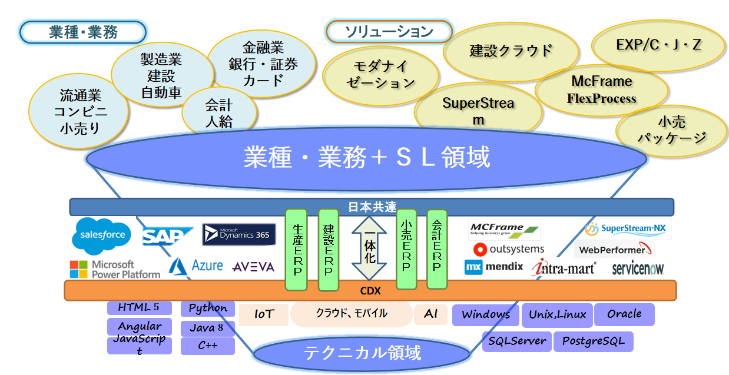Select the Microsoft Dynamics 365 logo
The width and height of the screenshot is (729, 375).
click(x=239, y=234)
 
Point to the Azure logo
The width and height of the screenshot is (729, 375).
click(x=196, y=266)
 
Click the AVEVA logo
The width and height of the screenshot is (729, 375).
click(x=253, y=267)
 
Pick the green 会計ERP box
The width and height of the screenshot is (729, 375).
click(x=437, y=249)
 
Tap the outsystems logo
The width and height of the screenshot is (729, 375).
click(x=509, y=249)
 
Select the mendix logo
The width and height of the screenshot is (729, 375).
click(x=494, y=267)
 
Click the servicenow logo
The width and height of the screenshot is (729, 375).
click(x=638, y=268)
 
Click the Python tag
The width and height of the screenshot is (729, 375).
click(x=208, y=308)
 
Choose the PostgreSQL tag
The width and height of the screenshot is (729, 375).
click(x=593, y=341)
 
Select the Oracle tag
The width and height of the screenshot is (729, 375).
click(x=624, y=314)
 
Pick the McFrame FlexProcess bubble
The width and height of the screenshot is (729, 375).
click(x=601, y=89)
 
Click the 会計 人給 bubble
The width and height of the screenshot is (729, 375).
click(x=219, y=113)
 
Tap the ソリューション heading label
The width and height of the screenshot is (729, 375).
click(x=389, y=32)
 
